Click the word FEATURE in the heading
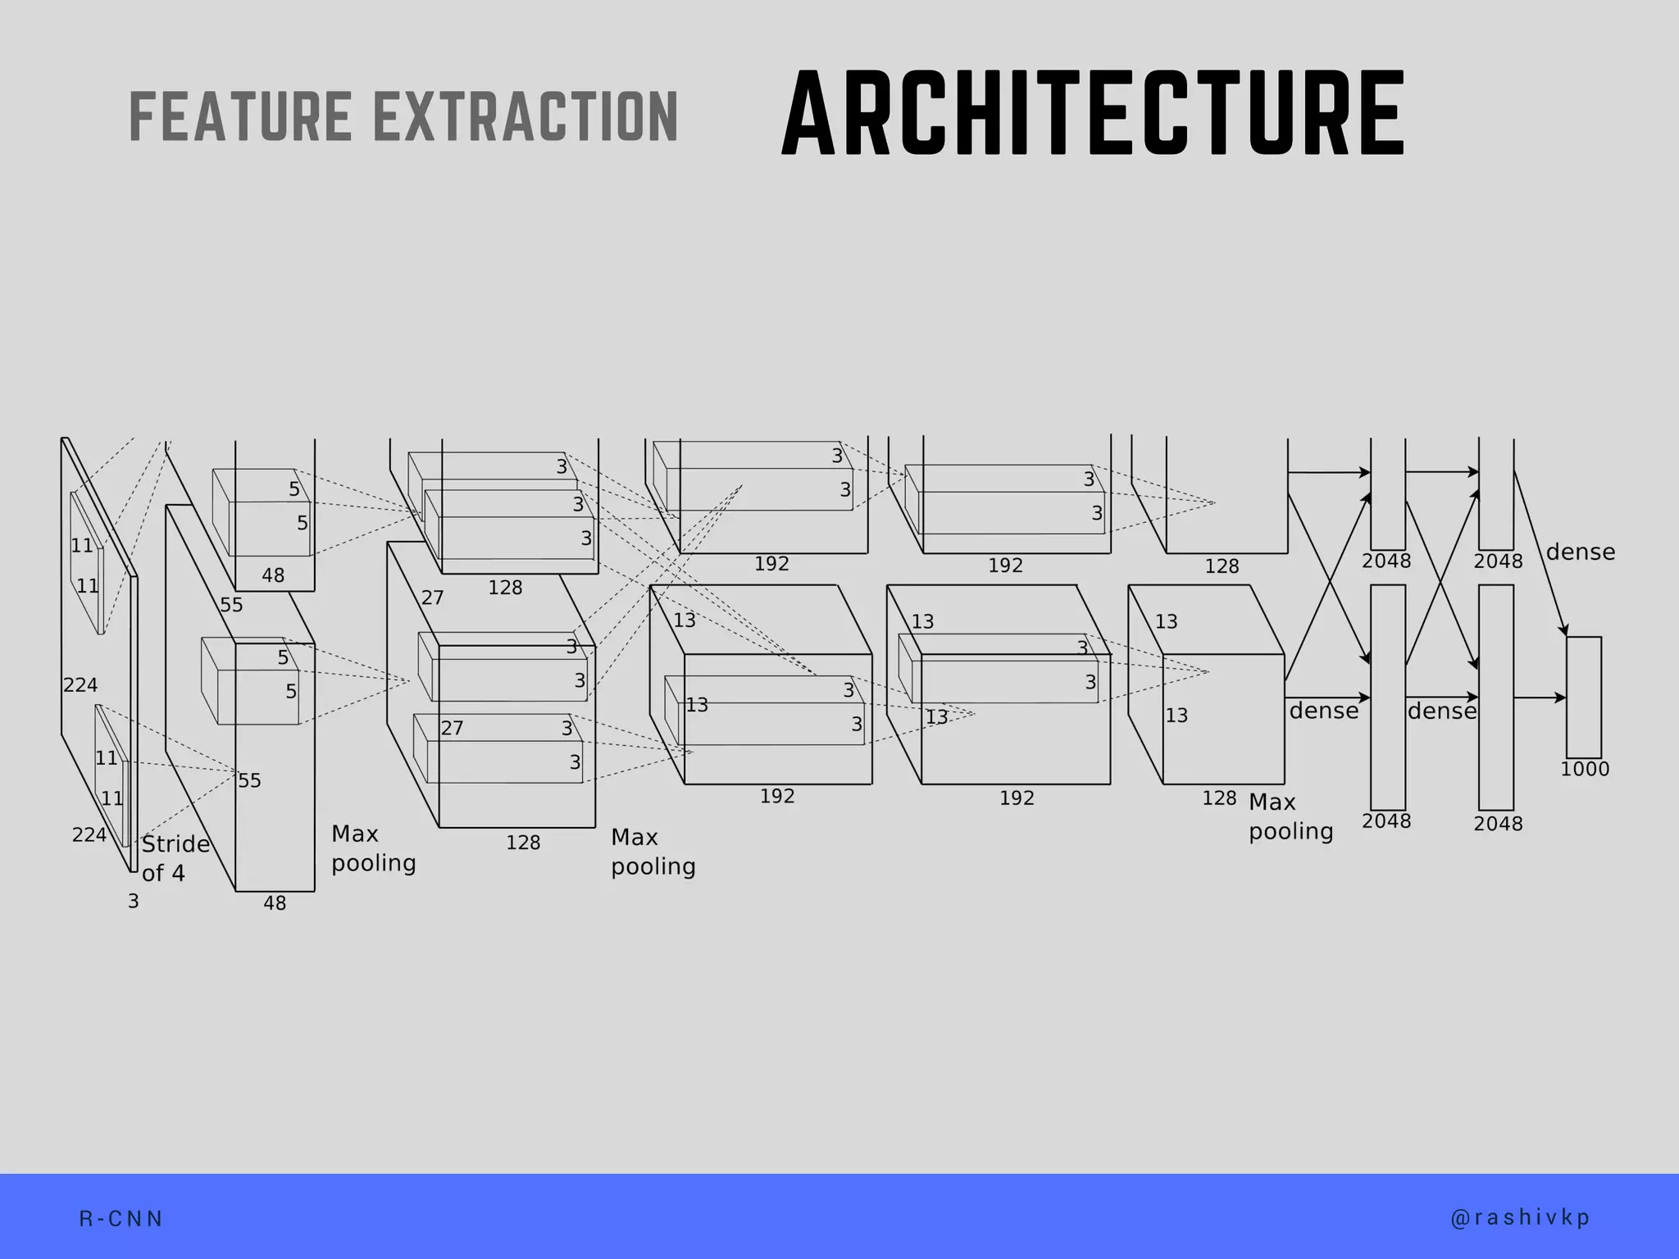240,116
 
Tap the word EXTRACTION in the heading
526,116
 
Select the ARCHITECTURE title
1094,113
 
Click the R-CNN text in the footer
121,1219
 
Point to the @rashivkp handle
1521,1218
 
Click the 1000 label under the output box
1585,769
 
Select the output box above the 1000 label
1584,698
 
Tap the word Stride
175,844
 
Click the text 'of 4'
163,873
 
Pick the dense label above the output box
1581,552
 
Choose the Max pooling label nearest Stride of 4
374,848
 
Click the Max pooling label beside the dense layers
1291,816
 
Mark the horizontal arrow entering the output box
1540,698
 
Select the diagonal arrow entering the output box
1540,553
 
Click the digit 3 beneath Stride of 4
134,902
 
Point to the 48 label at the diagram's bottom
275,903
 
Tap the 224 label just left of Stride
89,835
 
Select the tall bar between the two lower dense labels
1388,698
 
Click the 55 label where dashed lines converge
249,780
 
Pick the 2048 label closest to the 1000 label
1498,824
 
